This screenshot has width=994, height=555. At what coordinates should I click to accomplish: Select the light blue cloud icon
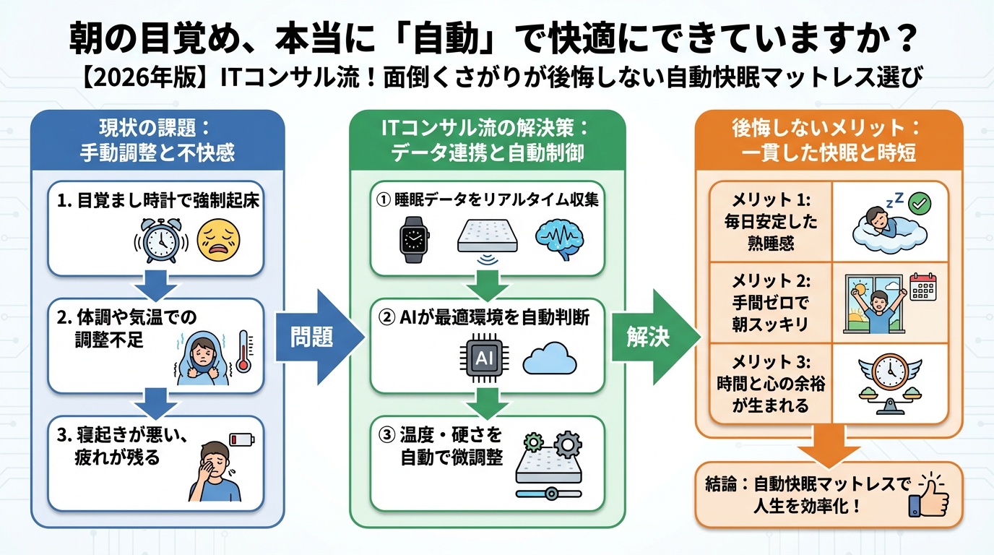pos(549,359)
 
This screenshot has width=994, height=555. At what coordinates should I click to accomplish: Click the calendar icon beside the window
pos(923,286)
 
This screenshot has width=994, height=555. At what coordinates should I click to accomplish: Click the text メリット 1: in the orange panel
pos(770,199)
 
